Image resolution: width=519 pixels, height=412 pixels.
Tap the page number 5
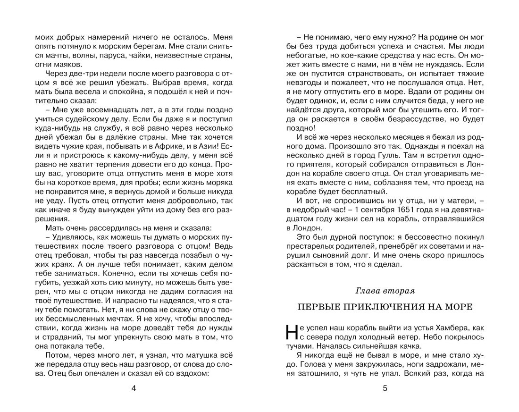(x=385, y=388)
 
